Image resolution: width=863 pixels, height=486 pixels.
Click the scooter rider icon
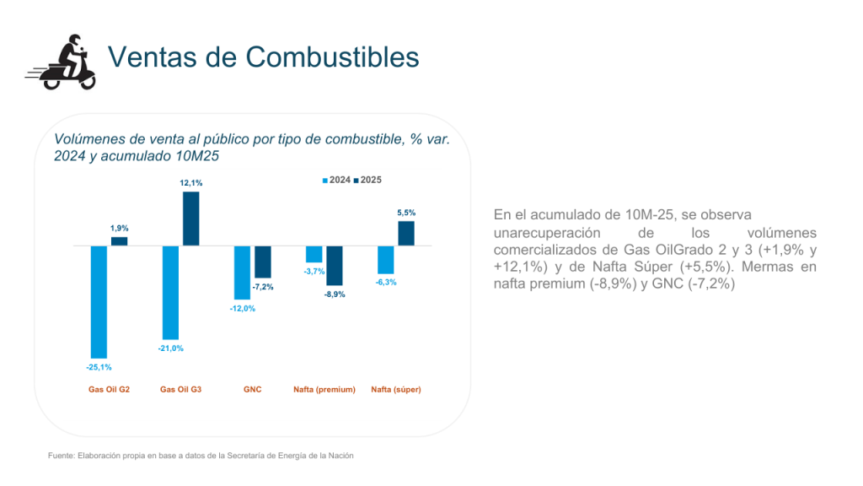[x=61, y=62]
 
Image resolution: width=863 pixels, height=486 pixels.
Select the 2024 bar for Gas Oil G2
[x=99, y=301]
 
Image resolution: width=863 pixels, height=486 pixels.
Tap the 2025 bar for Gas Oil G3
[x=191, y=219]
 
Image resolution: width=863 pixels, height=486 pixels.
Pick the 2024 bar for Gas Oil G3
[x=171, y=292]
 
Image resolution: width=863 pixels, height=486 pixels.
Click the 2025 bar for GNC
[x=263, y=262]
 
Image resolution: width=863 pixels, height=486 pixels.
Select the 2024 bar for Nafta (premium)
[x=314, y=254]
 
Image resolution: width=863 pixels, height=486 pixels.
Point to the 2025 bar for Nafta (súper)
[x=406, y=234]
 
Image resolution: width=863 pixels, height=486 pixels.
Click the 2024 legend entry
[x=337, y=181]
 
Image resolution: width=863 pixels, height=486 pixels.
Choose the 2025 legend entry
[x=368, y=181]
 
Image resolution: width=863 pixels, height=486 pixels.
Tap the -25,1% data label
[x=99, y=367]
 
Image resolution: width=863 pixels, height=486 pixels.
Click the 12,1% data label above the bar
[x=191, y=183]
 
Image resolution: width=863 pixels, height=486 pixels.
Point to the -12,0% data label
[x=243, y=309]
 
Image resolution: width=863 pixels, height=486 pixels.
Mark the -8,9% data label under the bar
[x=335, y=294]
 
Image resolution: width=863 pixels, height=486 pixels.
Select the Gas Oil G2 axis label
[x=110, y=390]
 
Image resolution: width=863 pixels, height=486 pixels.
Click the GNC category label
[x=252, y=390]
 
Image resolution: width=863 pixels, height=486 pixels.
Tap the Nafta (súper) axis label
[x=396, y=390]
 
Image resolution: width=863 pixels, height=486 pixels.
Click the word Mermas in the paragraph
[x=768, y=267]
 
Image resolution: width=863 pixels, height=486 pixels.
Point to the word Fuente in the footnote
[x=61, y=456]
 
